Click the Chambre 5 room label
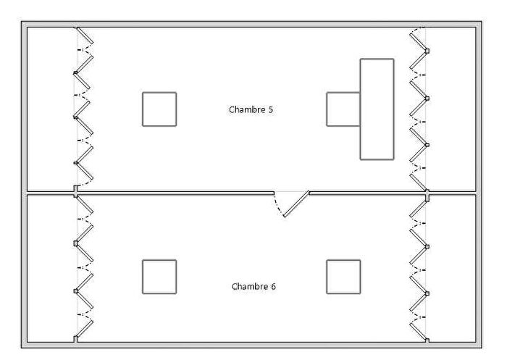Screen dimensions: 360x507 [x=251, y=110]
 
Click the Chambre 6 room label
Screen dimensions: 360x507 [x=253, y=286]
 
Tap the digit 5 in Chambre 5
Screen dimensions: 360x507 [x=271, y=110]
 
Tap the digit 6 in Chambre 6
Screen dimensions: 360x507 [x=273, y=286]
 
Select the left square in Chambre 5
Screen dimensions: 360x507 [x=159, y=109]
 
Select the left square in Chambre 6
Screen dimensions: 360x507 [x=159, y=277]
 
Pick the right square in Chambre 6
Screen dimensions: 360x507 [x=343, y=277]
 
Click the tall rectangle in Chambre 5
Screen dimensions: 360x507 [x=377, y=109]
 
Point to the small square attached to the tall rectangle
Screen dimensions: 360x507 [x=343, y=109]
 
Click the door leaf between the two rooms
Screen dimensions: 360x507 [x=296, y=204]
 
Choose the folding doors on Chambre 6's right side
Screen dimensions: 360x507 [x=419, y=268]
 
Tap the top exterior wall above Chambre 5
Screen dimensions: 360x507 [x=253, y=25]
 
